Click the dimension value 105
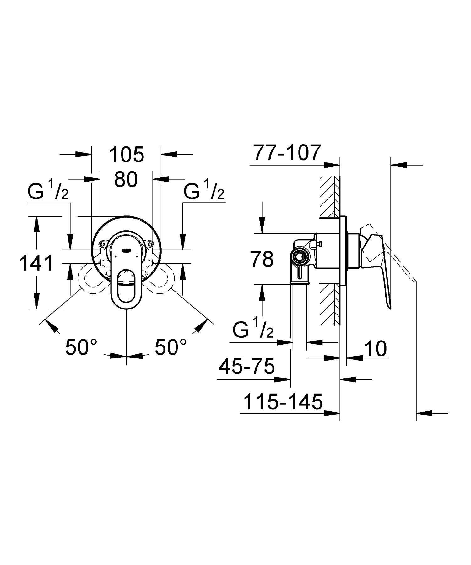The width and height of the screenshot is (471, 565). pyautogui.click(x=127, y=154)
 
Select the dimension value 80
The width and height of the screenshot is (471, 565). pyautogui.click(x=126, y=180)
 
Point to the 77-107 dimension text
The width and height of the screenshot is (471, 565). pyautogui.click(x=288, y=152)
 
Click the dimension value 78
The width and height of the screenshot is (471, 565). pyautogui.click(x=262, y=259)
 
